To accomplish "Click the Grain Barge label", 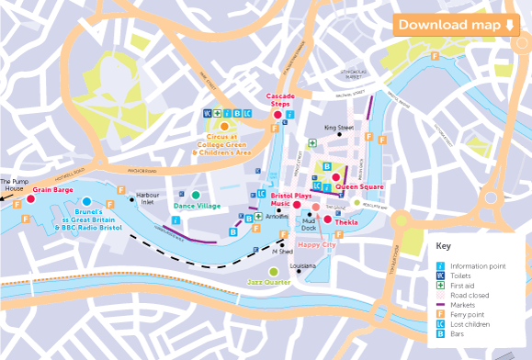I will (53, 190).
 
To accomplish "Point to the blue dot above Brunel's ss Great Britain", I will (86, 201).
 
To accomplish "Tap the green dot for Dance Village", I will (196, 195).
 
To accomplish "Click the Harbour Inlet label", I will (148, 199).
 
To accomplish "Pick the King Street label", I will (338, 128).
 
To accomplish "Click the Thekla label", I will (346, 223).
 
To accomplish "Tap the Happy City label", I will (316, 245).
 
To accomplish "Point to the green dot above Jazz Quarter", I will (273, 271).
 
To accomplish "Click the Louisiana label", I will (302, 266).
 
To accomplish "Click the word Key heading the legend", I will (444, 246).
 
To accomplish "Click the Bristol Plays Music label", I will (292, 200).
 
